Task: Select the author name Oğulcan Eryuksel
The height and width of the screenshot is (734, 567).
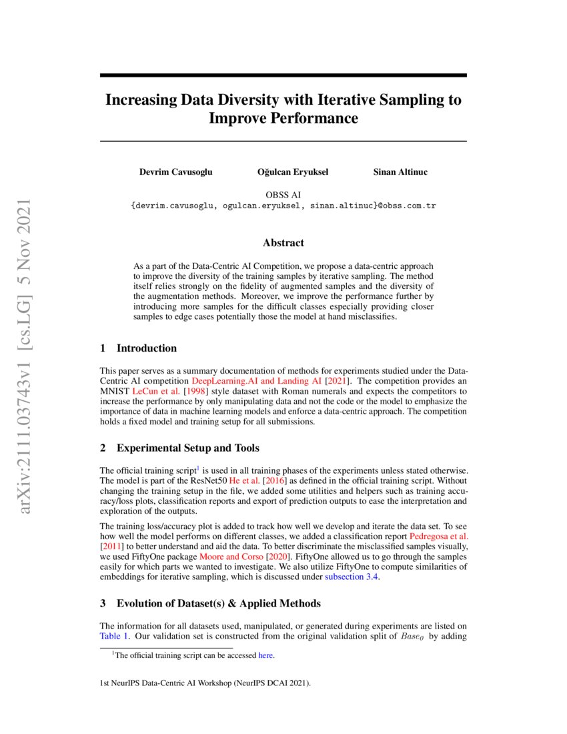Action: coord(292,172)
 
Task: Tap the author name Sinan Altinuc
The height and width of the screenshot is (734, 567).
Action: coord(400,172)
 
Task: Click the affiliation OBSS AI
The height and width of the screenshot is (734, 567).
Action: coord(283,195)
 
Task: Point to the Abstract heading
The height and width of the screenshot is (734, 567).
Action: coord(283,243)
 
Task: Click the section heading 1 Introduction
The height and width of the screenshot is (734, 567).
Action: coord(138,348)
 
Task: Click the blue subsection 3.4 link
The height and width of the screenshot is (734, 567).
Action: coord(351,577)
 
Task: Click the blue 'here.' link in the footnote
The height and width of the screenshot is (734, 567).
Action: coord(265,655)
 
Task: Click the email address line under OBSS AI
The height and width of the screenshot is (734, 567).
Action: coord(283,206)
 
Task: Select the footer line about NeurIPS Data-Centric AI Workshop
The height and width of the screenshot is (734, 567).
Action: coord(205,684)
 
